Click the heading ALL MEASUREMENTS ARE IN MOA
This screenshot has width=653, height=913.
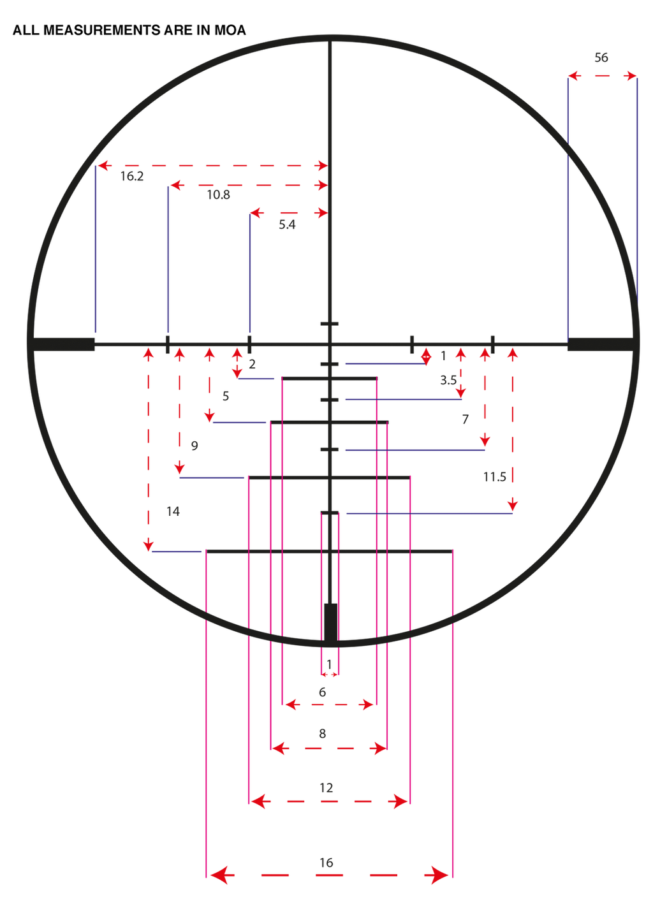pos(129,30)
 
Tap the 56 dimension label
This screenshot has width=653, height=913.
pos(601,58)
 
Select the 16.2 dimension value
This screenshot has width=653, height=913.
pos(131,176)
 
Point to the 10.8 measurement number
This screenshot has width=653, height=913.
pos(218,195)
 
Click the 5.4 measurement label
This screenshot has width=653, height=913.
pos(287,224)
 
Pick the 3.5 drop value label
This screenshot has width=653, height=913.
pos(448,380)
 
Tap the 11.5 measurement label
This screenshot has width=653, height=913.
pos(494,476)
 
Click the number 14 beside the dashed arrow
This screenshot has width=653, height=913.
pos(173,511)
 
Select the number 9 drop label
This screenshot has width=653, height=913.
pos(194,446)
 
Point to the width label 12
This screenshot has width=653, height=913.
pos(326,788)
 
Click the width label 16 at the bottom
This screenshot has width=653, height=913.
pos(326,863)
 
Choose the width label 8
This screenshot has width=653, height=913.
pos(323,734)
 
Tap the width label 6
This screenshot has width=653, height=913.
pos(323,692)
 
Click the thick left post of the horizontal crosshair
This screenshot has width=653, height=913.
pos(64,344)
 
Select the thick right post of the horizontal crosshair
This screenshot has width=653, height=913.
pos(601,344)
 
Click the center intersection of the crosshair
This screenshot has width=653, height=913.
pos(330,344)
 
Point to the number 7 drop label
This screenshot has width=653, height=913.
pos(466,419)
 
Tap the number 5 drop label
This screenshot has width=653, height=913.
pos(225,396)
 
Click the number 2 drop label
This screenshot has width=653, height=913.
pos(253,364)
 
